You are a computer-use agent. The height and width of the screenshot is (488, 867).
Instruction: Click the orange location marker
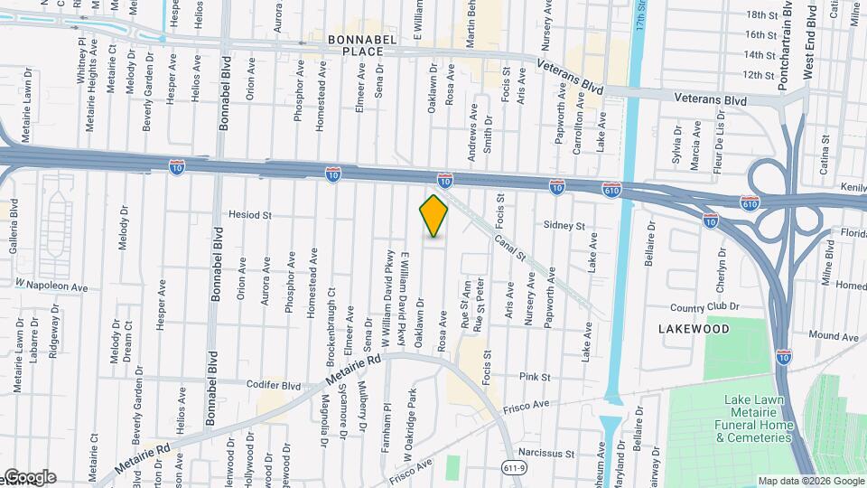[x=434, y=215]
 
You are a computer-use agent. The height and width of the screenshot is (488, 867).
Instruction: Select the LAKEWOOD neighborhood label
[x=694, y=330]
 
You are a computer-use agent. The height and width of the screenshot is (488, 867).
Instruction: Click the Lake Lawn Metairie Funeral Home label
[x=759, y=418]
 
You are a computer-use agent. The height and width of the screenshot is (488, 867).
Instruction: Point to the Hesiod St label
[x=252, y=216]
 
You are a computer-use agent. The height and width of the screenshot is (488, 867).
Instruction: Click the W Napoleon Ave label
[x=51, y=286]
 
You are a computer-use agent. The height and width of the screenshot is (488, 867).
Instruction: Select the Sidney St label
[x=564, y=226]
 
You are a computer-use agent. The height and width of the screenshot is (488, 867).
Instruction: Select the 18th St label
[x=761, y=15]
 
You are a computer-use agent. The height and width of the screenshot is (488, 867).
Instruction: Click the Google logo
[x=29, y=476]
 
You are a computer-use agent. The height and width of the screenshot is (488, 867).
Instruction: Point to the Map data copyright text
[x=810, y=480]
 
